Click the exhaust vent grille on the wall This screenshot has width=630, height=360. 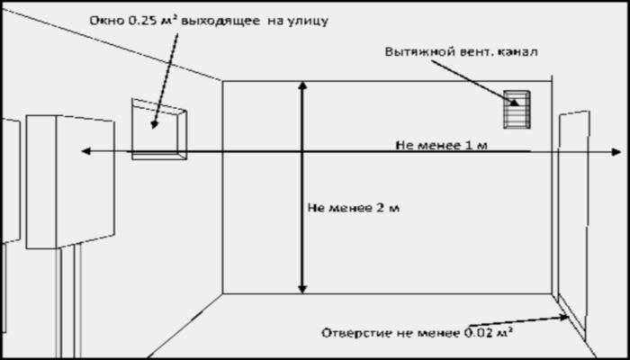click(517, 110)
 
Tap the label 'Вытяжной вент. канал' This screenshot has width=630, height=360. click(461, 52)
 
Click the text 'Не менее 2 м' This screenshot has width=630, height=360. click(354, 208)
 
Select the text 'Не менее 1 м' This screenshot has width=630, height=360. click(442, 145)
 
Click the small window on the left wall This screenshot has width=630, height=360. click(159, 129)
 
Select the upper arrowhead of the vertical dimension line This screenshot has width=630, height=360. click(302, 85)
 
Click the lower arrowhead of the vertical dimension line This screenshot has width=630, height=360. click(302, 289)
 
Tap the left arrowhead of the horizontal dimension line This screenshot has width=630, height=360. click(86, 151)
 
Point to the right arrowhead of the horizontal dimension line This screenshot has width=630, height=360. click(616, 152)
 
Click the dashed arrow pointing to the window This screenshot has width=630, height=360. click(165, 81)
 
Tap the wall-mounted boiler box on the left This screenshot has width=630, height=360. click(70, 182)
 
